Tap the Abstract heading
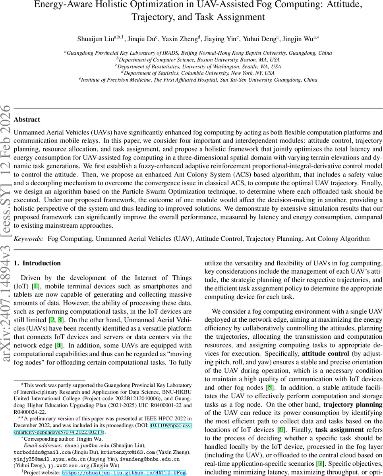27,119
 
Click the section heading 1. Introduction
37,263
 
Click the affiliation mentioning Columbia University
198,73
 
